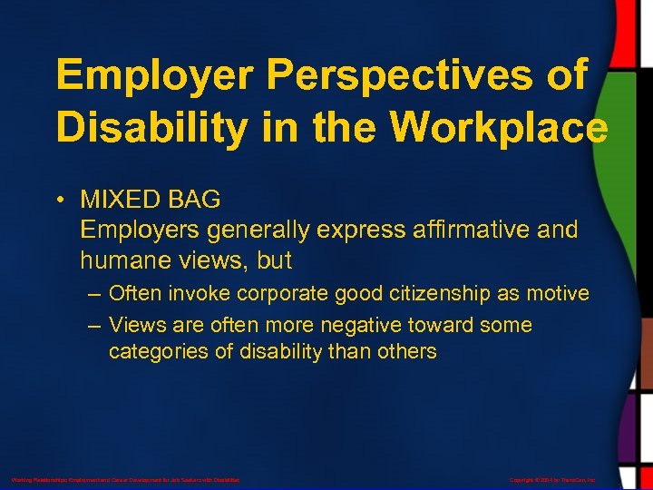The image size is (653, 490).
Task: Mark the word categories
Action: click(159, 351)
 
